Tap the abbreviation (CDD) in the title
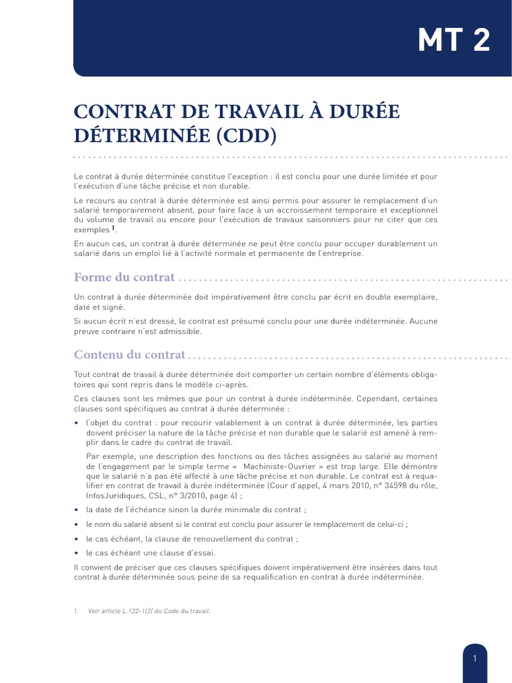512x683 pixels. [x=246, y=135]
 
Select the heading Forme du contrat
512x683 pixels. [x=124, y=277]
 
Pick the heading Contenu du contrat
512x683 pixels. [x=129, y=354]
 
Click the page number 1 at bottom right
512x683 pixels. [x=475, y=658]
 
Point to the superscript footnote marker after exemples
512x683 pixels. [x=113, y=227]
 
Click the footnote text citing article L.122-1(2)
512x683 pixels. [x=149, y=611]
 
